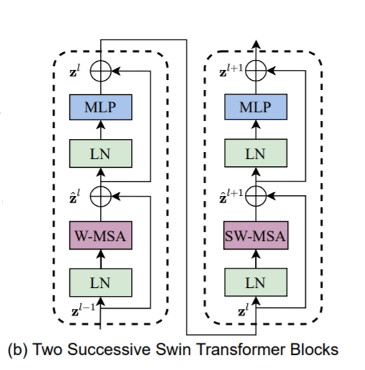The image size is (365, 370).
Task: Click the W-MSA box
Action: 102,236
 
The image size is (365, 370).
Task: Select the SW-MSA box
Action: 256,236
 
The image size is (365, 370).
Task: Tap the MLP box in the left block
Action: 102,108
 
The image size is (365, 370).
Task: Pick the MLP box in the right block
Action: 256,108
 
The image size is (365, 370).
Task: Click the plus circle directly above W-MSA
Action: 102,195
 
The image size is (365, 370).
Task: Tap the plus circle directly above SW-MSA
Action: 256,195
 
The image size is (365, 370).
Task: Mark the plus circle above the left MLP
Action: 102,71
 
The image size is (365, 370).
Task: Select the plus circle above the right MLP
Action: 256,71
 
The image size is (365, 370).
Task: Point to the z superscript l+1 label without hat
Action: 231,71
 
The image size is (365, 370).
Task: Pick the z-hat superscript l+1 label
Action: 232,194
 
